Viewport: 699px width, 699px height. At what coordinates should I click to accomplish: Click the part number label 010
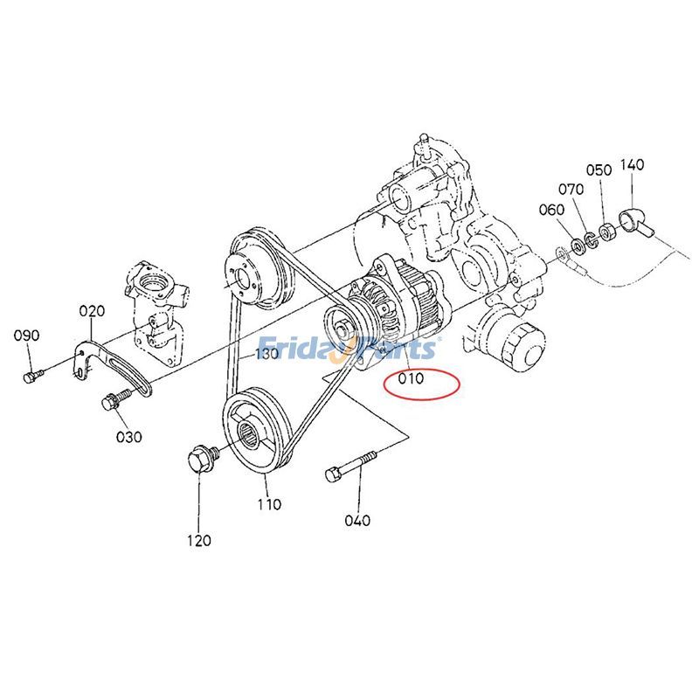[411, 379]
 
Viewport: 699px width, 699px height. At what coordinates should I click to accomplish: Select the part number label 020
[92, 311]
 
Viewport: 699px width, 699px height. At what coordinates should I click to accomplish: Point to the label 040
[357, 521]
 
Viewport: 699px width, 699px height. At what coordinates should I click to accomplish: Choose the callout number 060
[551, 209]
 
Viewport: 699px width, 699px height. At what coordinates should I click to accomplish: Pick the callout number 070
[571, 188]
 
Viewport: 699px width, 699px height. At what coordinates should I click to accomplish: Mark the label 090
[27, 336]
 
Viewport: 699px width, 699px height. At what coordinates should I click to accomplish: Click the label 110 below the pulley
[269, 504]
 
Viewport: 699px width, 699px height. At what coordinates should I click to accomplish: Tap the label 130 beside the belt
[266, 354]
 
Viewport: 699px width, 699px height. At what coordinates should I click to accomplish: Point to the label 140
[633, 164]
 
